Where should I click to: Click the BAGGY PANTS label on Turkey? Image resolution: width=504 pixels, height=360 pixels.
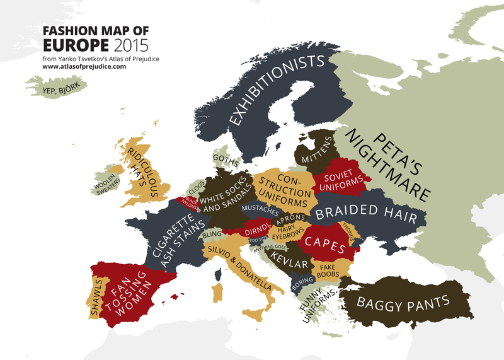click(x=403, y=302)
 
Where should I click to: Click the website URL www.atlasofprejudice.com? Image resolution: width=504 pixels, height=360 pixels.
click(x=84, y=66)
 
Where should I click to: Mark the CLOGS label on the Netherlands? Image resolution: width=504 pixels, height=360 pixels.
click(x=197, y=187)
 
